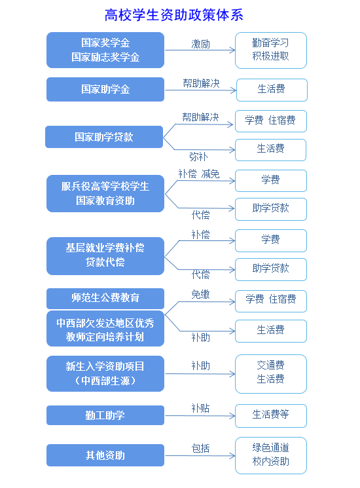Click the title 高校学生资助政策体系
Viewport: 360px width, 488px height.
[174, 15]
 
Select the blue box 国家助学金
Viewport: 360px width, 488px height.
[105, 89]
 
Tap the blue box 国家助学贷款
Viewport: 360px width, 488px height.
[104, 137]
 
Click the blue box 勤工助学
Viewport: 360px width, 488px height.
[105, 415]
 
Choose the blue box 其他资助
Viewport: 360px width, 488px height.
[105, 455]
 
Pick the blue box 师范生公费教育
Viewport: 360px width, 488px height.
[105, 298]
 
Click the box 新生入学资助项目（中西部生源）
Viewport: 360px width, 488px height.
[105, 373]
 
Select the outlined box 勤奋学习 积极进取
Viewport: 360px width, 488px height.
[271, 50]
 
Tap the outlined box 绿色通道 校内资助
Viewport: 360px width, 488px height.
[271, 455]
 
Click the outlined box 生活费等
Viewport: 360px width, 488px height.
[271, 415]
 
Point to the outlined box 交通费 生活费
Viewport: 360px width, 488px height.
[271, 373]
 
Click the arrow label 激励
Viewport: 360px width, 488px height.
[200, 44]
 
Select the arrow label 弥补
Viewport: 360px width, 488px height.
[198, 157]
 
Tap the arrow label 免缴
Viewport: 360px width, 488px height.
[200, 294]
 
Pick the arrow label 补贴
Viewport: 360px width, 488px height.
[200, 408]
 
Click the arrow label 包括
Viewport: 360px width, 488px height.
[200, 449]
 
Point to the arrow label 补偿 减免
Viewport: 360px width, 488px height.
[199, 174]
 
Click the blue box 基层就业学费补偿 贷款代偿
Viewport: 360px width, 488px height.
[105, 256]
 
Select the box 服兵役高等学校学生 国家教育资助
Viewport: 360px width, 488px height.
[105, 193]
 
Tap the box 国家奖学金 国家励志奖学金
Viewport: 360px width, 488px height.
[105, 50]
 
